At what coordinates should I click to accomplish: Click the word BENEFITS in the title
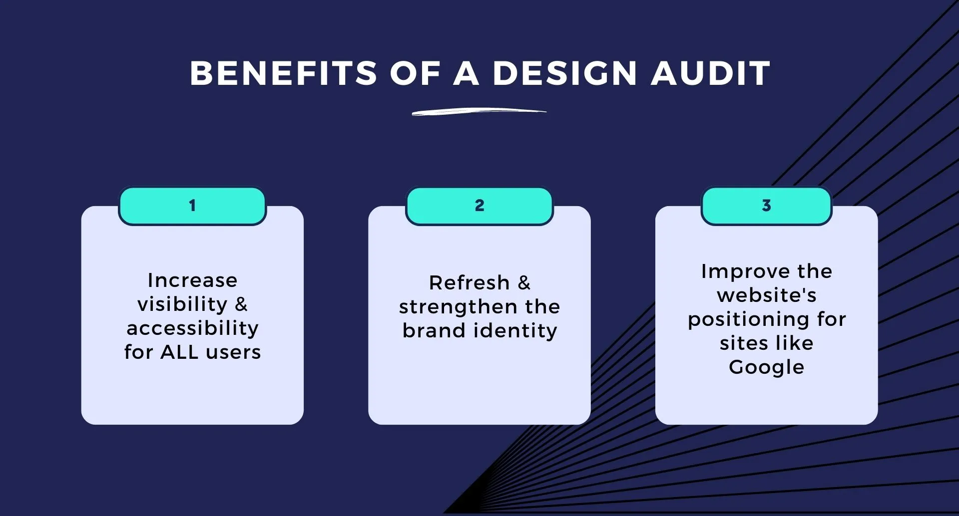[283, 73]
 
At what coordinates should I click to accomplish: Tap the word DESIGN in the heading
[565, 73]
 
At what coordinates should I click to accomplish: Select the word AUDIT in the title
[711, 73]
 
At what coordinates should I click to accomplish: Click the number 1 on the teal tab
[192, 206]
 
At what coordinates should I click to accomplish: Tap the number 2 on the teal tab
[479, 206]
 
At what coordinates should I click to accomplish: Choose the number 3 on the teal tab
[766, 206]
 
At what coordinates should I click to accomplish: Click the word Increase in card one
[192, 280]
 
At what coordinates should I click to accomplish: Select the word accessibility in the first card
[192, 328]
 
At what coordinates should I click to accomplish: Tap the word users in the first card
[233, 352]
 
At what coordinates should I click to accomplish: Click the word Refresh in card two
[469, 283]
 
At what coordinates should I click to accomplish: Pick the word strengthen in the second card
[458, 307]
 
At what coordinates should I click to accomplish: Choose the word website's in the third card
[767, 295]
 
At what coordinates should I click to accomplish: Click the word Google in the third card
[767, 367]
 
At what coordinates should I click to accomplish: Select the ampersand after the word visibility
[241, 304]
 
